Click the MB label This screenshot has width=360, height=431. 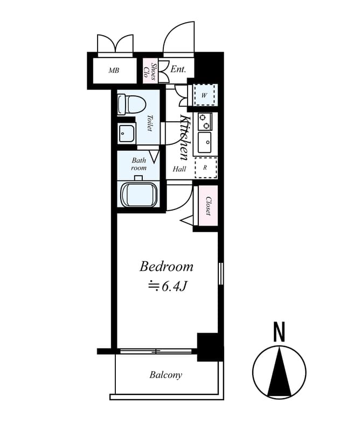[x=114, y=71]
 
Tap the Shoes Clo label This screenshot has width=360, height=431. [x=150, y=71]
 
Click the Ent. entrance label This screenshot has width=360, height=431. [x=178, y=69]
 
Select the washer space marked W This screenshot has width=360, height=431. [x=205, y=95]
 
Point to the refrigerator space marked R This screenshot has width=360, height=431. [x=205, y=168]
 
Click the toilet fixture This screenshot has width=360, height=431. [x=131, y=105]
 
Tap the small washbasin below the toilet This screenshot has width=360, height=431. [x=127, y=133]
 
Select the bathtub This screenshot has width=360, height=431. [x=139, y=194]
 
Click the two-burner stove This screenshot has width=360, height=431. [x=205, y=121]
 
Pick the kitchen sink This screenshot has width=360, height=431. [x=205, y=142]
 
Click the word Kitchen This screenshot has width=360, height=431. [x=184, y=138]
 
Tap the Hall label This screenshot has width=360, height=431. [x=179, y=169]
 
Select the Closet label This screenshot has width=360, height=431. [x=208, y=206]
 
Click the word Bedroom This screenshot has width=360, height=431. [x=167, y=267]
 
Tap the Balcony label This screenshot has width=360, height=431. [x=165, y=375]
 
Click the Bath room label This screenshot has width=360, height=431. [x=139, y=164]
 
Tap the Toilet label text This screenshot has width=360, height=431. [x=150, y=123]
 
